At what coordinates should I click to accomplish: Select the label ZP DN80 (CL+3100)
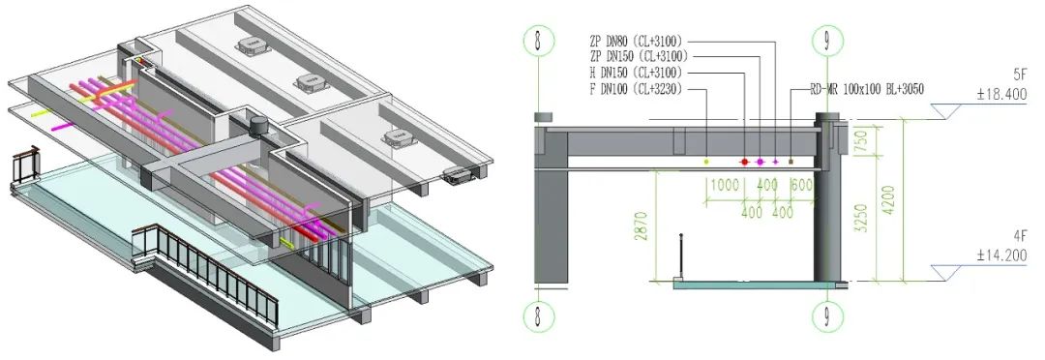(636, 42)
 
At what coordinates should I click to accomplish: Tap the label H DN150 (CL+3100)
(635, 73)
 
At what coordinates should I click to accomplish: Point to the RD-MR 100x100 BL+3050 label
(866, 88)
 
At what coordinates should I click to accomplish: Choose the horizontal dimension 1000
(724, 184)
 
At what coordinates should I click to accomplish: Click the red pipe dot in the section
(744, 162)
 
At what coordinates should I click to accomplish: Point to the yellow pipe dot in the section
(706, 161)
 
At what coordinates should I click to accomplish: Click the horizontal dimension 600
(801, 184)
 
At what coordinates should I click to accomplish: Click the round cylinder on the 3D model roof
(258, 125)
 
